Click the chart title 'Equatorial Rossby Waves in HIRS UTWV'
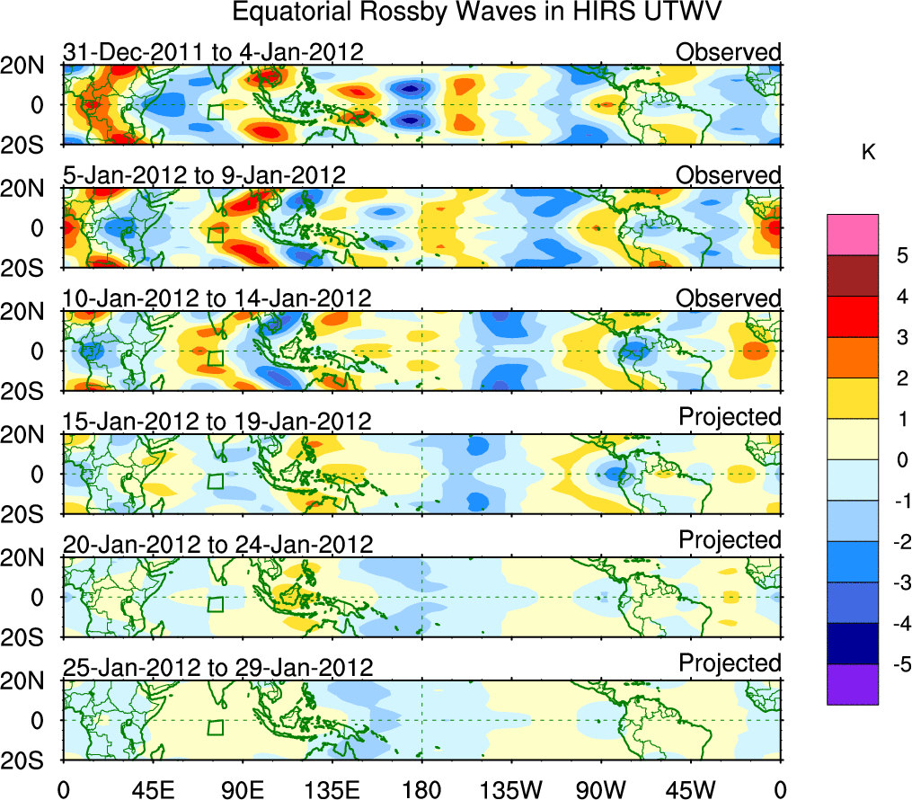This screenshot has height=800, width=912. pyautogui.click(x=478, y=13)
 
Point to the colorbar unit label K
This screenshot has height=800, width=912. pyautogui.click(x=868, y=154)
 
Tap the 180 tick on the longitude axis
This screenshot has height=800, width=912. pyautogui.click(x=421, y=789)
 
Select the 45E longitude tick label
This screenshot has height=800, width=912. pyautogui.click(x=152, y=789)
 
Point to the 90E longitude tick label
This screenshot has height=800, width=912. pyautogui.click(x=242, y=789)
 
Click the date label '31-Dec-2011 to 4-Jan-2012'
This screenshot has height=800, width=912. pyautogui.click(x=214, y=52)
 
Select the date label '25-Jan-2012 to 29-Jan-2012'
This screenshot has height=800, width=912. pyautogui.click(x=217, y=668)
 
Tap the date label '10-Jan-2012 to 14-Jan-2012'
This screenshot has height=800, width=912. pyautogui.click(x=217, y=298)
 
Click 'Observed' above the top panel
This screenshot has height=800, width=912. pyautogui.click(x=729, y=52)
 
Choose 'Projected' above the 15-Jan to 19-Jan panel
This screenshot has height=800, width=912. pyautogui.click(x=730, y=417)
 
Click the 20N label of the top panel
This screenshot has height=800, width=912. pyautogui.click(x=30, y=66)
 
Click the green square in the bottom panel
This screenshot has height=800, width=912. pyautogui.click(x=215, y=727)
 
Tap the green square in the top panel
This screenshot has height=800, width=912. pyautogui.click(x=215, y=111)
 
